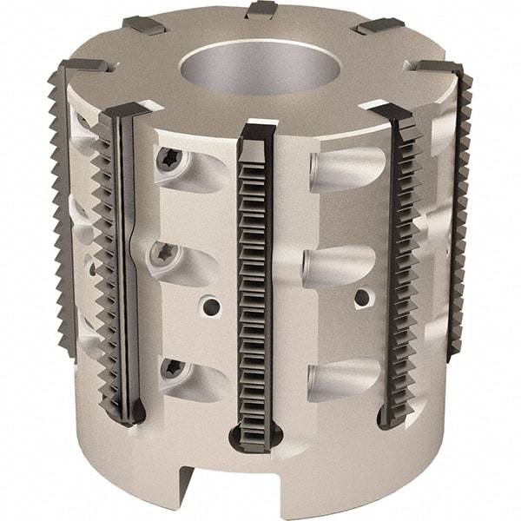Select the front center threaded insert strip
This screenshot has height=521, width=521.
point(254,278)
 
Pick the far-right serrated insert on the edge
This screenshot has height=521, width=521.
point(461,217)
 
